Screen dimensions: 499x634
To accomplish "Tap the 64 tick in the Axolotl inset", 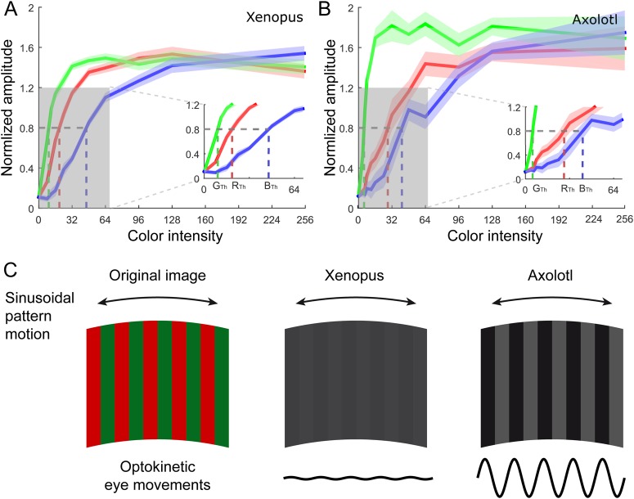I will tap(612, 189).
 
